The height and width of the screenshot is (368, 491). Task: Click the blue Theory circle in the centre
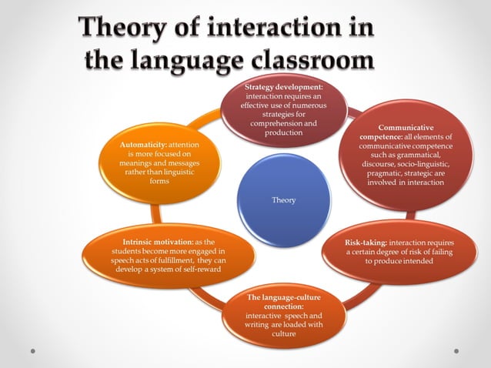283,200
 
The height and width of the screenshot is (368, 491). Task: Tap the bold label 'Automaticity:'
144,145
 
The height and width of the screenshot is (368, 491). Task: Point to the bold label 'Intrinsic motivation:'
158,242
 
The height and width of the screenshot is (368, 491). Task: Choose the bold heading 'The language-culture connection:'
283,301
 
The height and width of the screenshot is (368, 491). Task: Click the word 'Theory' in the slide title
123,30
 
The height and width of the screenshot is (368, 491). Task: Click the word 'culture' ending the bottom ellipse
283,334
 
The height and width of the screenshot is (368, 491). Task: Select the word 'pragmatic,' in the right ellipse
385,173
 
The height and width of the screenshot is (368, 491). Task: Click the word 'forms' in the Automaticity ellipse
159,182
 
